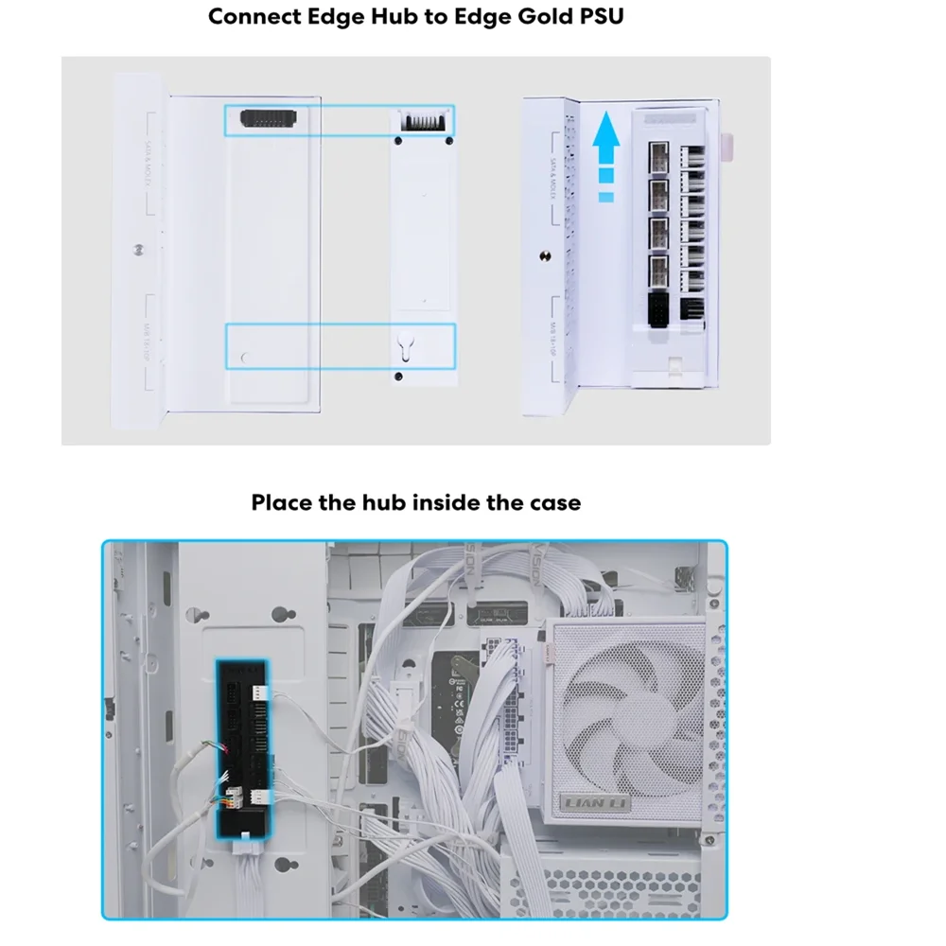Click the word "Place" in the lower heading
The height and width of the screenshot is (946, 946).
(282, 502)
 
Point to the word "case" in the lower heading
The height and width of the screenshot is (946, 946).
(552, 502)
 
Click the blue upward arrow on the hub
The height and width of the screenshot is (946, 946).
(605, 151)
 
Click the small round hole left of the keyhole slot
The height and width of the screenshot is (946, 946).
(247, 357)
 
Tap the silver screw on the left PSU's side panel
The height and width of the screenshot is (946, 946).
(139, 251)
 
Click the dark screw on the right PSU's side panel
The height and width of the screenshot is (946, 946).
(545, 255)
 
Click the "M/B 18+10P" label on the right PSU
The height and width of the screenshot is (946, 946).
(556, 341)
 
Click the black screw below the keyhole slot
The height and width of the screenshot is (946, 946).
(398, 377)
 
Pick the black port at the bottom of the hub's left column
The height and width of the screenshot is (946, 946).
(657, 305)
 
